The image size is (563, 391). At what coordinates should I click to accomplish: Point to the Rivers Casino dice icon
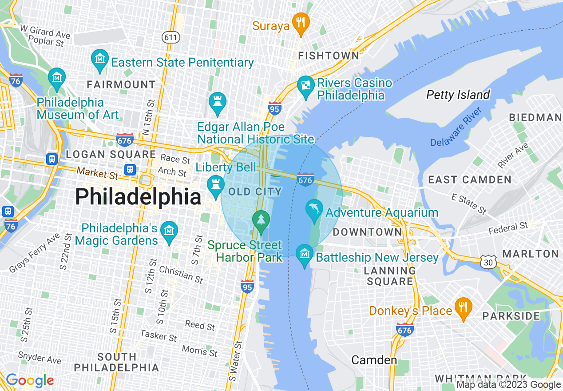click(x=306, y=86)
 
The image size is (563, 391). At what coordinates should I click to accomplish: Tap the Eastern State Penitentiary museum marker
click(x=100, y=59)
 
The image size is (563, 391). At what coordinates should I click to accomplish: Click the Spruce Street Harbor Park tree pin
click(x=261, y=220)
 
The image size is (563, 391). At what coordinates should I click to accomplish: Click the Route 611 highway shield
click(x=171, y=37)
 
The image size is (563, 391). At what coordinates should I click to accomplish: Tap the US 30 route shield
click(x=488, y=263)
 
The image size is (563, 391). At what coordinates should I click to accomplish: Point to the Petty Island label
click(x=458, y=95)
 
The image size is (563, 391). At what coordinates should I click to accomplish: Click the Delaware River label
click(x=456, y=128)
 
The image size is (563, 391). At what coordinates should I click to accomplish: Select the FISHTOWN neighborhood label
click(x=329, y=56)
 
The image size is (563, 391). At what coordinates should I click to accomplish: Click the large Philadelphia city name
click(x=138, y=197)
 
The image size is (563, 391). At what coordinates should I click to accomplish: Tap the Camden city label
click(x=374, y=360)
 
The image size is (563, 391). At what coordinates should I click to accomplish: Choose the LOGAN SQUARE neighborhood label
click(x=111, y=155)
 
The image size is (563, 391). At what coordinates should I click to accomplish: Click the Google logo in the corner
click(x=30, y=380)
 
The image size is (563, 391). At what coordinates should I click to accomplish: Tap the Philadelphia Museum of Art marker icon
click(x=57, y=78)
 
